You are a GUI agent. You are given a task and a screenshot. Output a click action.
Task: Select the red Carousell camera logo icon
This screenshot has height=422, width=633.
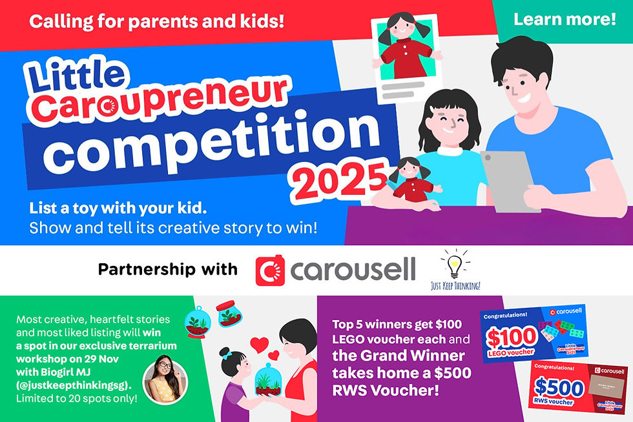pos(271,270)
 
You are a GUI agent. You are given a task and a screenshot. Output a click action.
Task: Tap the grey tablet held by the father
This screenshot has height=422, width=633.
pos(511,181)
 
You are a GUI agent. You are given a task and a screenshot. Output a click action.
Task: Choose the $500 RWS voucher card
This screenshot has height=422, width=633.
pos(578,388)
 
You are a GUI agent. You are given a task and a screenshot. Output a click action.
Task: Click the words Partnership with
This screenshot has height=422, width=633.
pos(167,270)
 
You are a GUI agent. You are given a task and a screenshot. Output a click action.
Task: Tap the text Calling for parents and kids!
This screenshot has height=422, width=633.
pos(157,22)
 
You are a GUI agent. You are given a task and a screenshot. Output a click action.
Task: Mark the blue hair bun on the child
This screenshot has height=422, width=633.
pos(224,353)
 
